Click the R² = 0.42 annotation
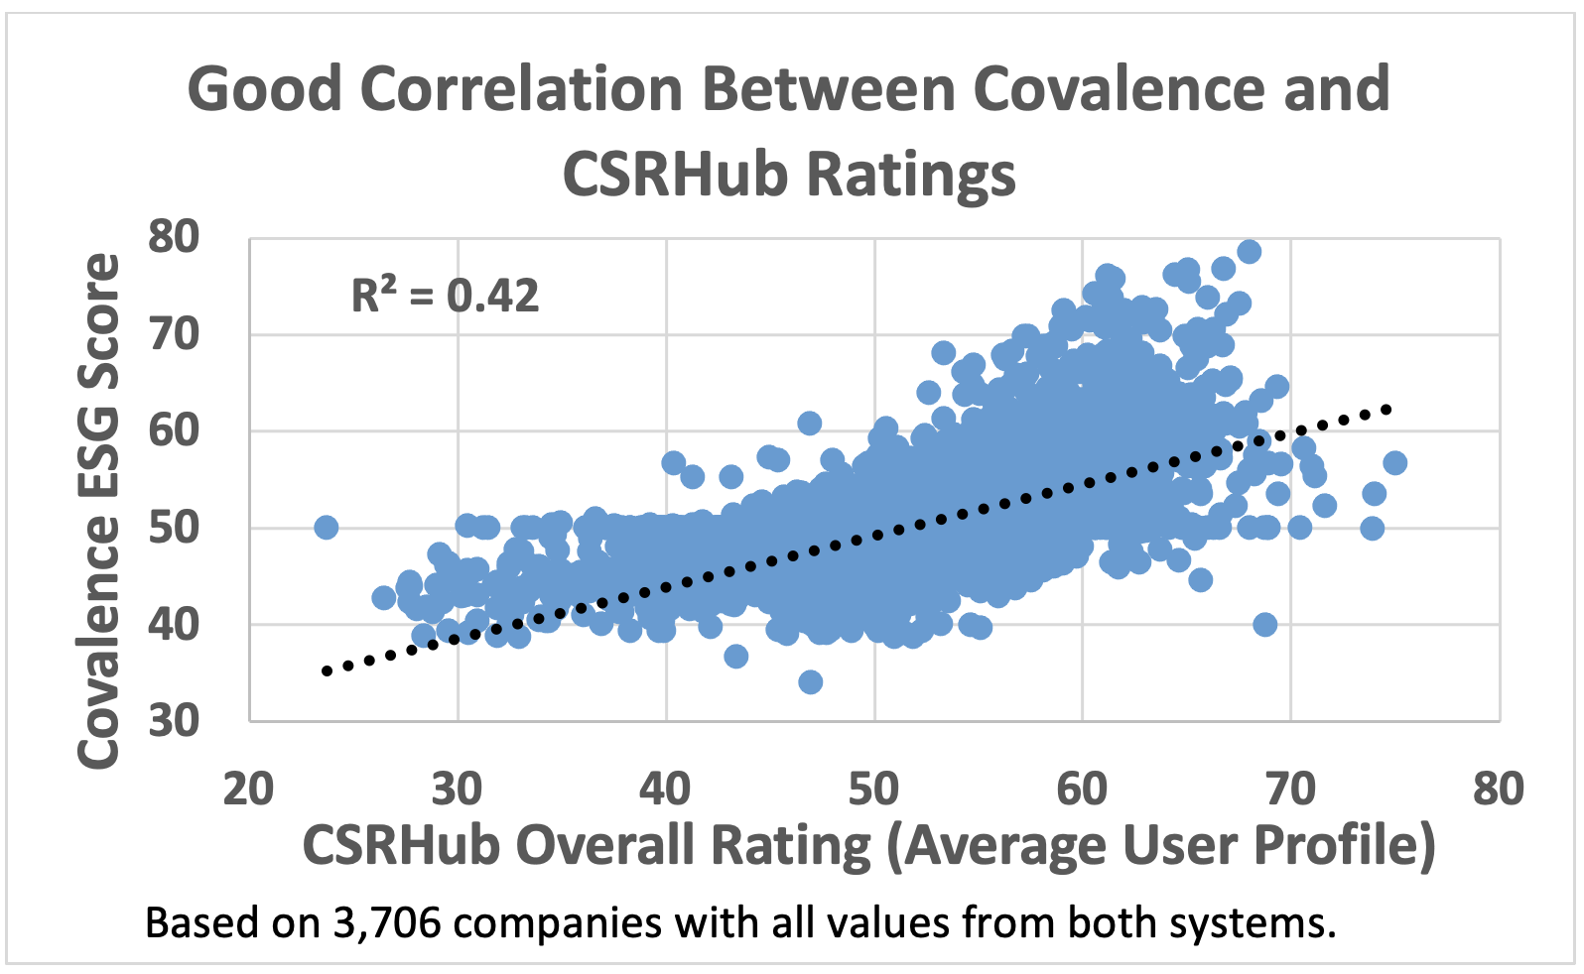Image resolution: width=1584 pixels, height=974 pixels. pyautogui.click(x=446, y=296)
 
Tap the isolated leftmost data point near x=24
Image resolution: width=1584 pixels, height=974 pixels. pyautogui.click(x=326, y=528)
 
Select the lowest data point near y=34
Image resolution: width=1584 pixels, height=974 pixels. pyautogui.click(x=810, y=682)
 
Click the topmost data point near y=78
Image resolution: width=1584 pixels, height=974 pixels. pyautogui.click(x=1249, y=252)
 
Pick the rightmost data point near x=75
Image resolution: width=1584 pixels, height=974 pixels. pyautogui.click(x=1394, y=463)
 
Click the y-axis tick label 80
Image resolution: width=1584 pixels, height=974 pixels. pyautogui.click(x=174, y=237)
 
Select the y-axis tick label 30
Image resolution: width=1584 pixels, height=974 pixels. pyautogui.click(x=174, y=721)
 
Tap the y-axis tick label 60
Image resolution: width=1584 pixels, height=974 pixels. pyautogui.click(x=174, y=430)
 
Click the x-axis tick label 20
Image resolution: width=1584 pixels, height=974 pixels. pyautogui.click(x=248, y=790)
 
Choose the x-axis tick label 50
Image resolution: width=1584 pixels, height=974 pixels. pyautogui.click(x=873, y=790)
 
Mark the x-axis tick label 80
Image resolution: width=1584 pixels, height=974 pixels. pyautogui.click(x=1498, y=790)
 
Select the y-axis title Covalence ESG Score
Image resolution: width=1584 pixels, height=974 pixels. pyautogui.click(x=99, y=511)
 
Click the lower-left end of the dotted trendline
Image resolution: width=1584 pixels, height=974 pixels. pyautogui.click(x=327, y=671)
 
